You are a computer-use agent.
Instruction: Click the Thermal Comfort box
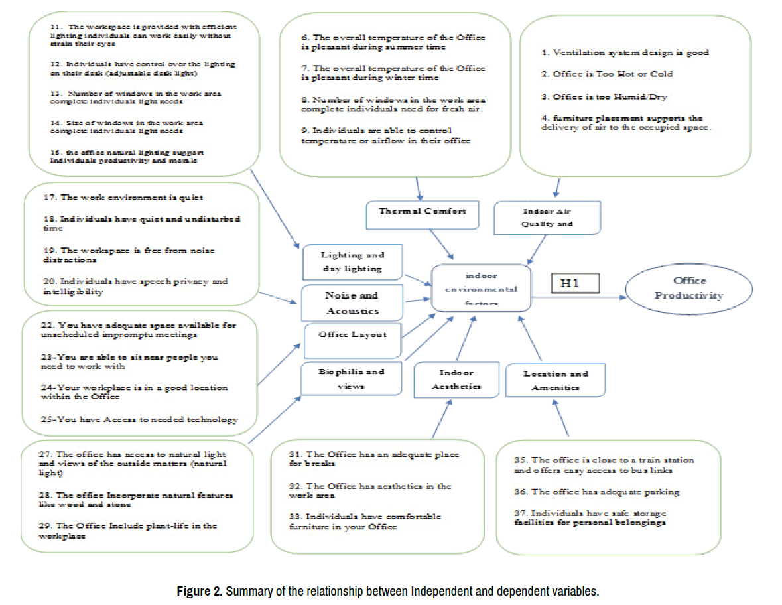(x=422, y=212)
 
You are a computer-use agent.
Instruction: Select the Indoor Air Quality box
(x=547, y=218)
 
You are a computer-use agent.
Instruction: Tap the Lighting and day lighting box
(x=343, y=262)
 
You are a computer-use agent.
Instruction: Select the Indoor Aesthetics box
(x=456, y=379)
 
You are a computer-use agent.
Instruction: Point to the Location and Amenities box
(x=556, y=380)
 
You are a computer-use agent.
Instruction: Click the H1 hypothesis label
(x=575, y=283)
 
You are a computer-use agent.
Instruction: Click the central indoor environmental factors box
(x=481, y=288)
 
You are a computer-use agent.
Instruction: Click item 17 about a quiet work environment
(x=131, y=198)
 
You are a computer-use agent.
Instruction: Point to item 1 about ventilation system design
(x=625, y=52)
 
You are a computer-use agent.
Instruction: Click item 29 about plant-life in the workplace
(x=127, y=531)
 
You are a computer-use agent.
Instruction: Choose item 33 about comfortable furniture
(x=365, y=521)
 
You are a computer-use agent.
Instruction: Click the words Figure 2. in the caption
(x=199, y=591)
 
